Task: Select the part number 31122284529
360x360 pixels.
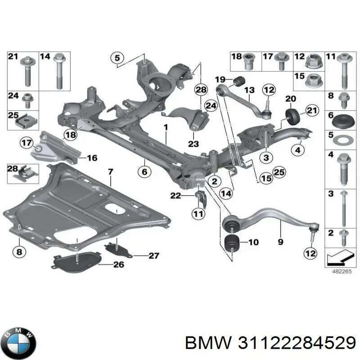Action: [x=297, y=343]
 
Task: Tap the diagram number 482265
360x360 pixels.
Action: [x=342, y=271]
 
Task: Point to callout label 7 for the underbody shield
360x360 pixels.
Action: [x=110, y=172]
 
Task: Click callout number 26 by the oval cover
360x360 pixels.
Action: [x=119, y=265]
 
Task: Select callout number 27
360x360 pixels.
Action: [x=153, y=256]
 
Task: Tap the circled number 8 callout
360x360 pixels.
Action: [x=19, y=252]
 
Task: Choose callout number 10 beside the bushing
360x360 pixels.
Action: [x=253, y=242]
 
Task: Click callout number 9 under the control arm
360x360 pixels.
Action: [x=280, y=242]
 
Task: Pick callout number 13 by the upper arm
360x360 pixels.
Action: [x=249, y=90]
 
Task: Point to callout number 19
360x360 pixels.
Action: [x=220, y=80]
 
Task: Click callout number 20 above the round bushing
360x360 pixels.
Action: [x=291, y=99]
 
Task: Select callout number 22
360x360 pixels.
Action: [x=175, y=196]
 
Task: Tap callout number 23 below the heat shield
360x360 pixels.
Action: [x=193, y=144]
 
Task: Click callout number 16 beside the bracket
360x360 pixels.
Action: [x=92, y=158]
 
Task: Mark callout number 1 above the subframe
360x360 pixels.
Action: [x=166, y=127]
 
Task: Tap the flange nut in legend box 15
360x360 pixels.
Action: [x=315, y=81]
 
